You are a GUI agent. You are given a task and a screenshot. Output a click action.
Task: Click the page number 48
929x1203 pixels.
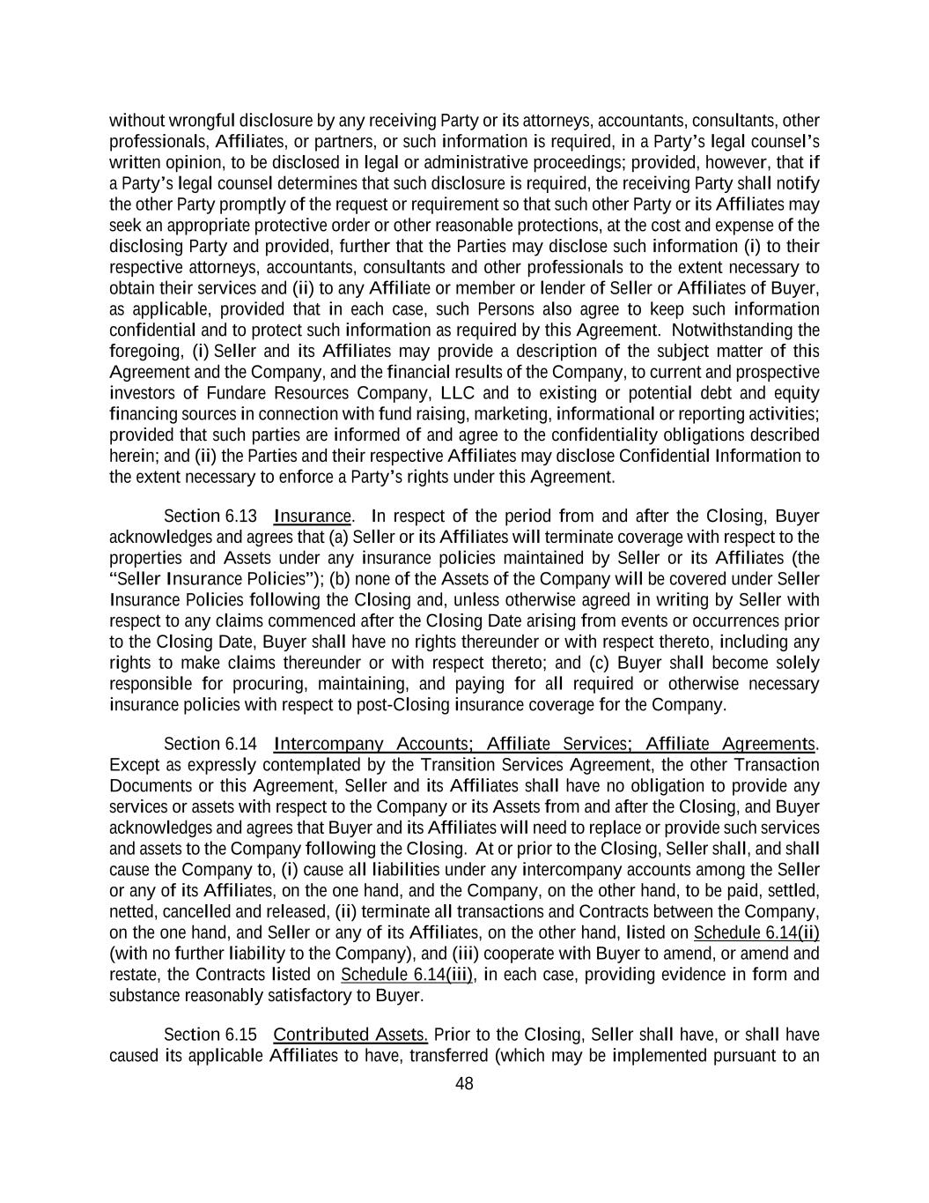pyautogui.click(x=464, y=1084)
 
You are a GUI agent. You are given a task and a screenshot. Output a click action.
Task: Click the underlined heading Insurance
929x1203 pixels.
pyautogui.click(x=313, y=516)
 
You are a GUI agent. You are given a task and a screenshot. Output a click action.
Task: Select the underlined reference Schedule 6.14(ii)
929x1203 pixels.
pyautogui.click(x=756, y=933)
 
